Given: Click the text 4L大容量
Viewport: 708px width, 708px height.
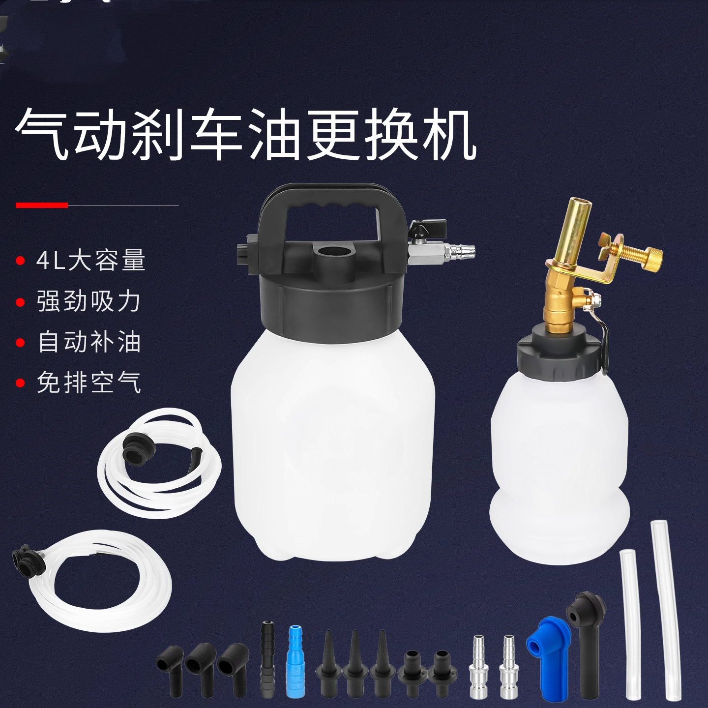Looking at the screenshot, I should (91, 260).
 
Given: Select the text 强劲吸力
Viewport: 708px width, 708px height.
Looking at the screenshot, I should (89, 301).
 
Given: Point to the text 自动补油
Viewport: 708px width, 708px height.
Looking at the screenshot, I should (89, 342).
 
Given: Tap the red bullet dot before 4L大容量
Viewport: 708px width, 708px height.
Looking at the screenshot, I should (20, 260).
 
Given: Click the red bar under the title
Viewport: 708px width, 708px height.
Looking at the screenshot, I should (42, 205).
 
